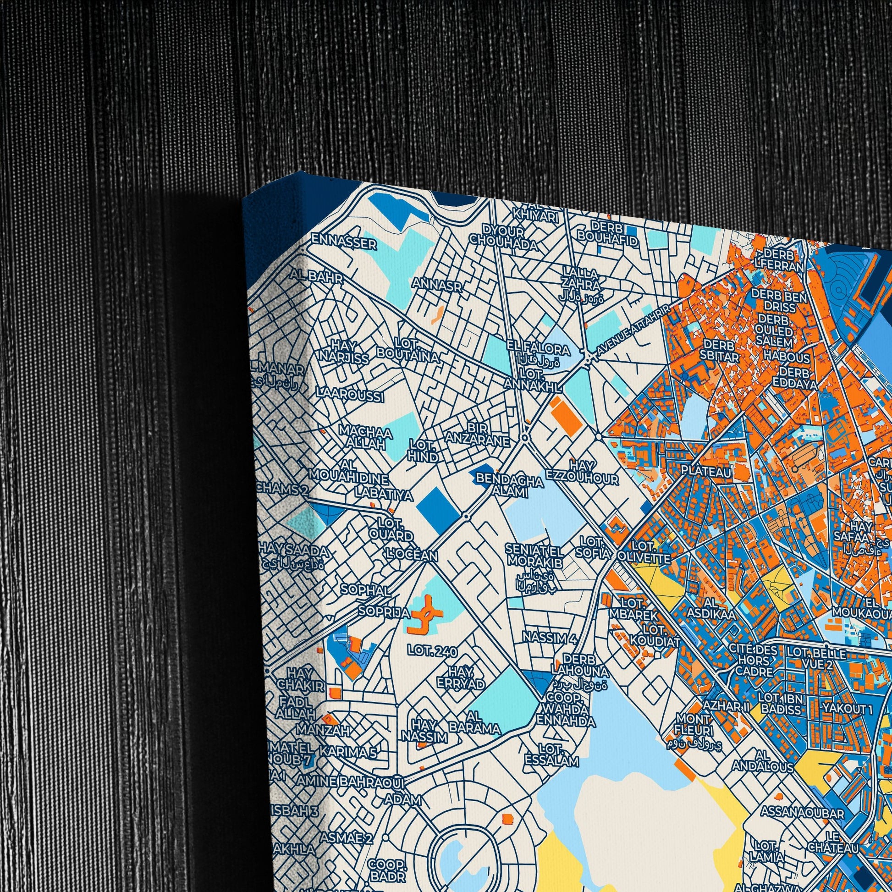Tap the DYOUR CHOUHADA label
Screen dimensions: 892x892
(x=503, y=237)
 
